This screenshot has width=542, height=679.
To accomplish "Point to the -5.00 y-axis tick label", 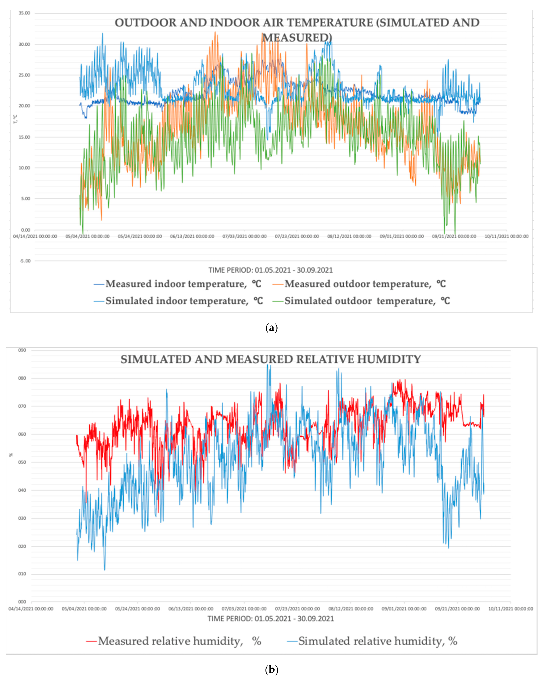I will [x=25, y=261].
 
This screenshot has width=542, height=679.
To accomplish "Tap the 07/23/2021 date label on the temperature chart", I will [x=297, y=236].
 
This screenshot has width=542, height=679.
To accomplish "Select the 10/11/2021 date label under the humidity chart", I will [x=511, y=609].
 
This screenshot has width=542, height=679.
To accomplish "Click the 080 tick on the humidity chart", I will [x=22, y=378].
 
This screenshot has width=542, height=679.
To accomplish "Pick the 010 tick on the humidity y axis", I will [x=22, y=574].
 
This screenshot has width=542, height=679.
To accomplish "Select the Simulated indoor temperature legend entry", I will [x=184, y=301].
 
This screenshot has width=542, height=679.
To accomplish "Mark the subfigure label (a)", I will [x=272, y=328].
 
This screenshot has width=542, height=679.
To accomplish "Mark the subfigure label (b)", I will [x=272, y=670].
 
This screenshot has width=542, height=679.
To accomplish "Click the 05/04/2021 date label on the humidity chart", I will [x=84, y=609].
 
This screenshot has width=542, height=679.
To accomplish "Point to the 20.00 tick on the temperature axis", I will [x=24, y=106].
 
